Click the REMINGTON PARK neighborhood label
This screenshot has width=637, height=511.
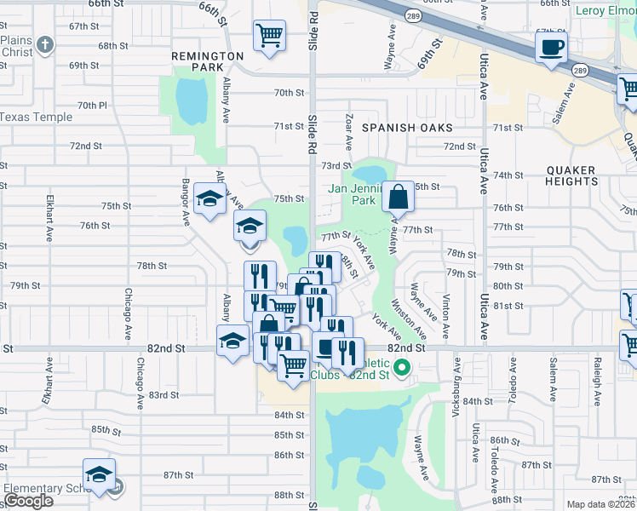tap(208, 60)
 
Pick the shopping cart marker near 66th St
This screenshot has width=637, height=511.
tap(269, 37)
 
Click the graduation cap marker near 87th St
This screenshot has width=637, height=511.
tap(99, 475)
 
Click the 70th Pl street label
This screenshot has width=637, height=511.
tap(92, 106)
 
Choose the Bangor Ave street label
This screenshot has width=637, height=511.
tap(184, 202)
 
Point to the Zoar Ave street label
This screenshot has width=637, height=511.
tap(349, 128)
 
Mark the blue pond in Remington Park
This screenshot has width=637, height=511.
tap(192, 100)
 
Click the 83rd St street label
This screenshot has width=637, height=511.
tap(164, 395)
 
